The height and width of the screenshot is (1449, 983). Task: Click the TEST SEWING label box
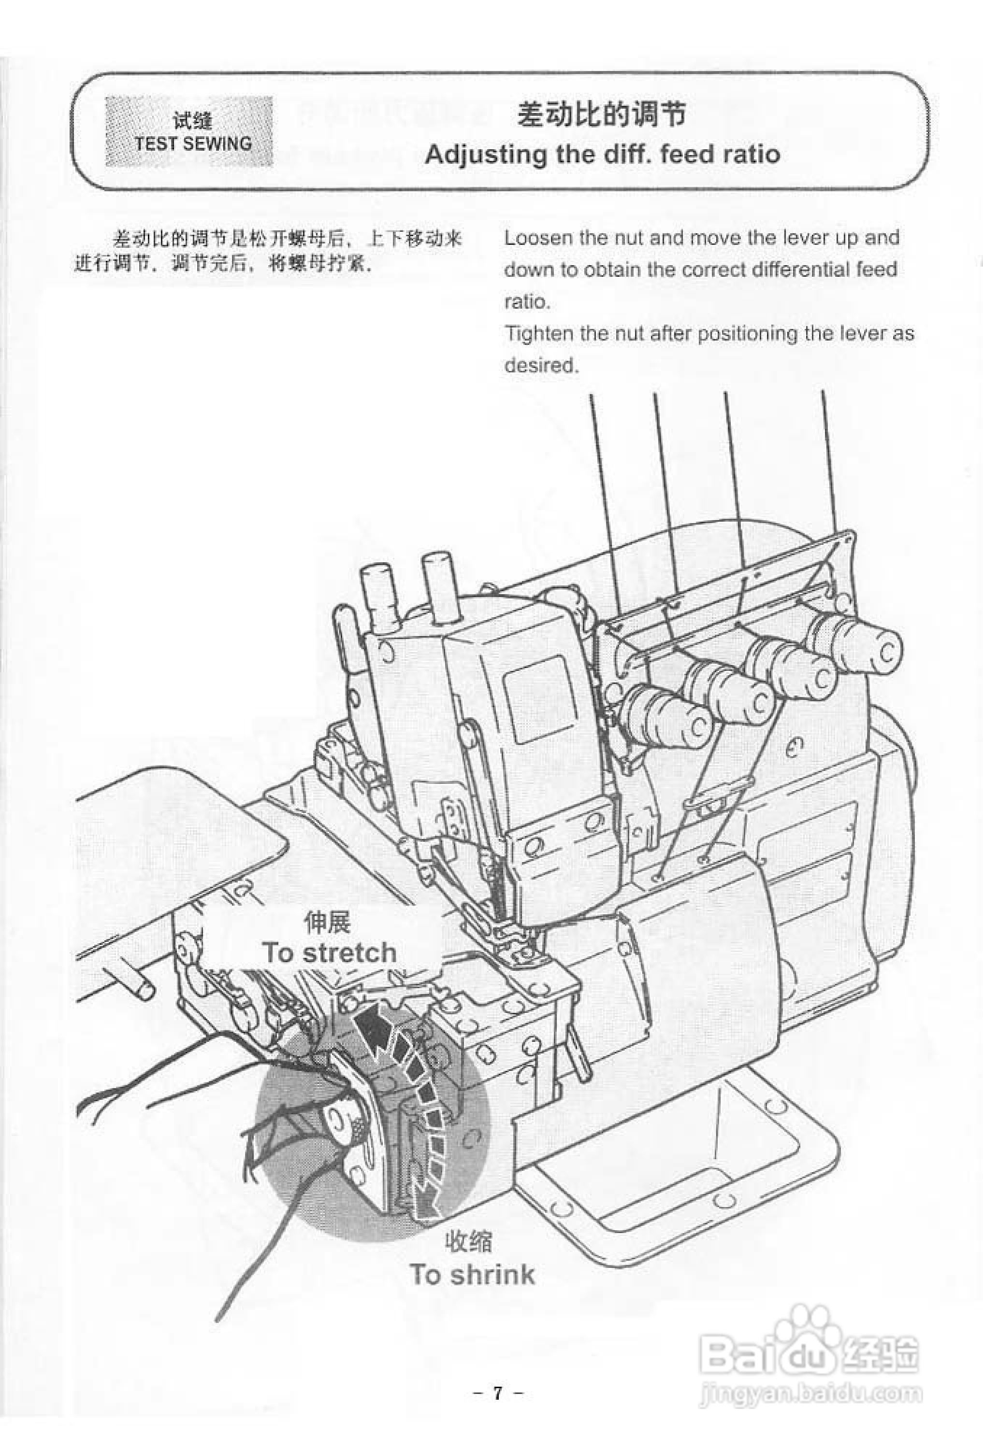[x=188, y=131]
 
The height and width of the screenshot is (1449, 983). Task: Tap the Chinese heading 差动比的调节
[x=602, y=115]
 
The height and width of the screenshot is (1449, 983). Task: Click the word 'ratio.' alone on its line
[x=527, y=302]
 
